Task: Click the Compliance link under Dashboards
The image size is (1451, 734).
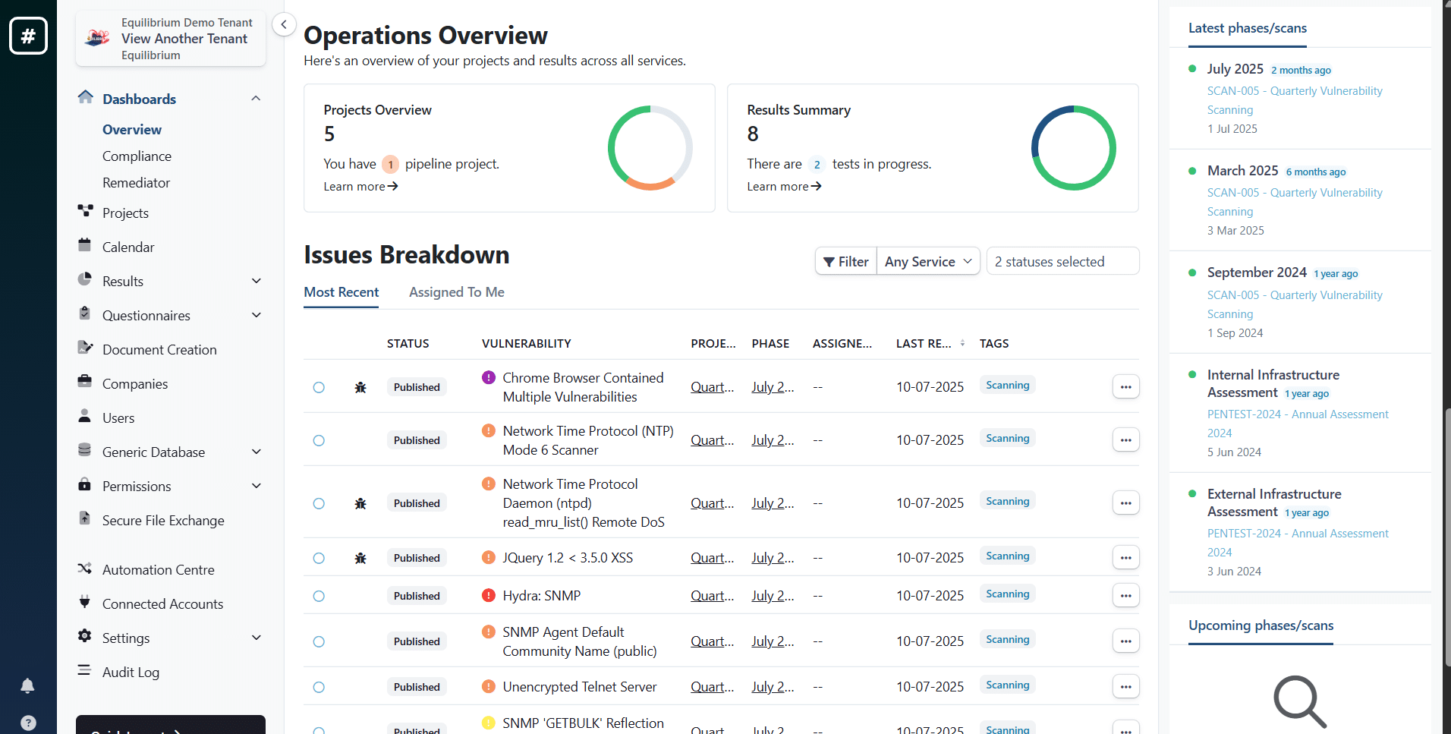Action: click(x=137, y=156)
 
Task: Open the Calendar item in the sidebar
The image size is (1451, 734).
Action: click(x=127, y=247)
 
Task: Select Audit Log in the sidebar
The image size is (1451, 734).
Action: click(x=131, y=673)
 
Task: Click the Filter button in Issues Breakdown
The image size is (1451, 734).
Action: click(x=846, y=262)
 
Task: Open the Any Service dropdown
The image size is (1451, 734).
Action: click(x=928, y=262)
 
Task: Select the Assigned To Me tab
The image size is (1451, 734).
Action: click(x=456, y=292)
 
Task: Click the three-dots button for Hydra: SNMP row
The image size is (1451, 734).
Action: click(x=1125, y=596)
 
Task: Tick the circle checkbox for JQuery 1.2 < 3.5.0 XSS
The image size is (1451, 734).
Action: click(x=319, y=558)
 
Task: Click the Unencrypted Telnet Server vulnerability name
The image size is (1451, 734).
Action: click(x=579, y=687)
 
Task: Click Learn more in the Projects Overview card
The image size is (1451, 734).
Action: click(x=360, y=187)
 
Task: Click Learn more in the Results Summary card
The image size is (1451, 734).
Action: click(x=784, y=187)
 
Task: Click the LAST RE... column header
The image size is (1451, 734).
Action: click(x=924, y=344)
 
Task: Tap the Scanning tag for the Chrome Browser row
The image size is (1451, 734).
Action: click(x=1007, y=386)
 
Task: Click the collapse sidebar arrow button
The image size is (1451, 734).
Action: click(x=284, y=24)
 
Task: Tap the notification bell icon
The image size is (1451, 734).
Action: click(x=27, y=686)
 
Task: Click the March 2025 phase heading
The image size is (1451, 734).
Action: click(x=1242, y=171)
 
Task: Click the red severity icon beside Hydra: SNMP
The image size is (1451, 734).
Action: click(x=489, y=595)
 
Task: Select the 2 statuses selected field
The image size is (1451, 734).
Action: click(x=1062, y=262)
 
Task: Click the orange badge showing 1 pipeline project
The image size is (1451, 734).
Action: click(x=390, y=164)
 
